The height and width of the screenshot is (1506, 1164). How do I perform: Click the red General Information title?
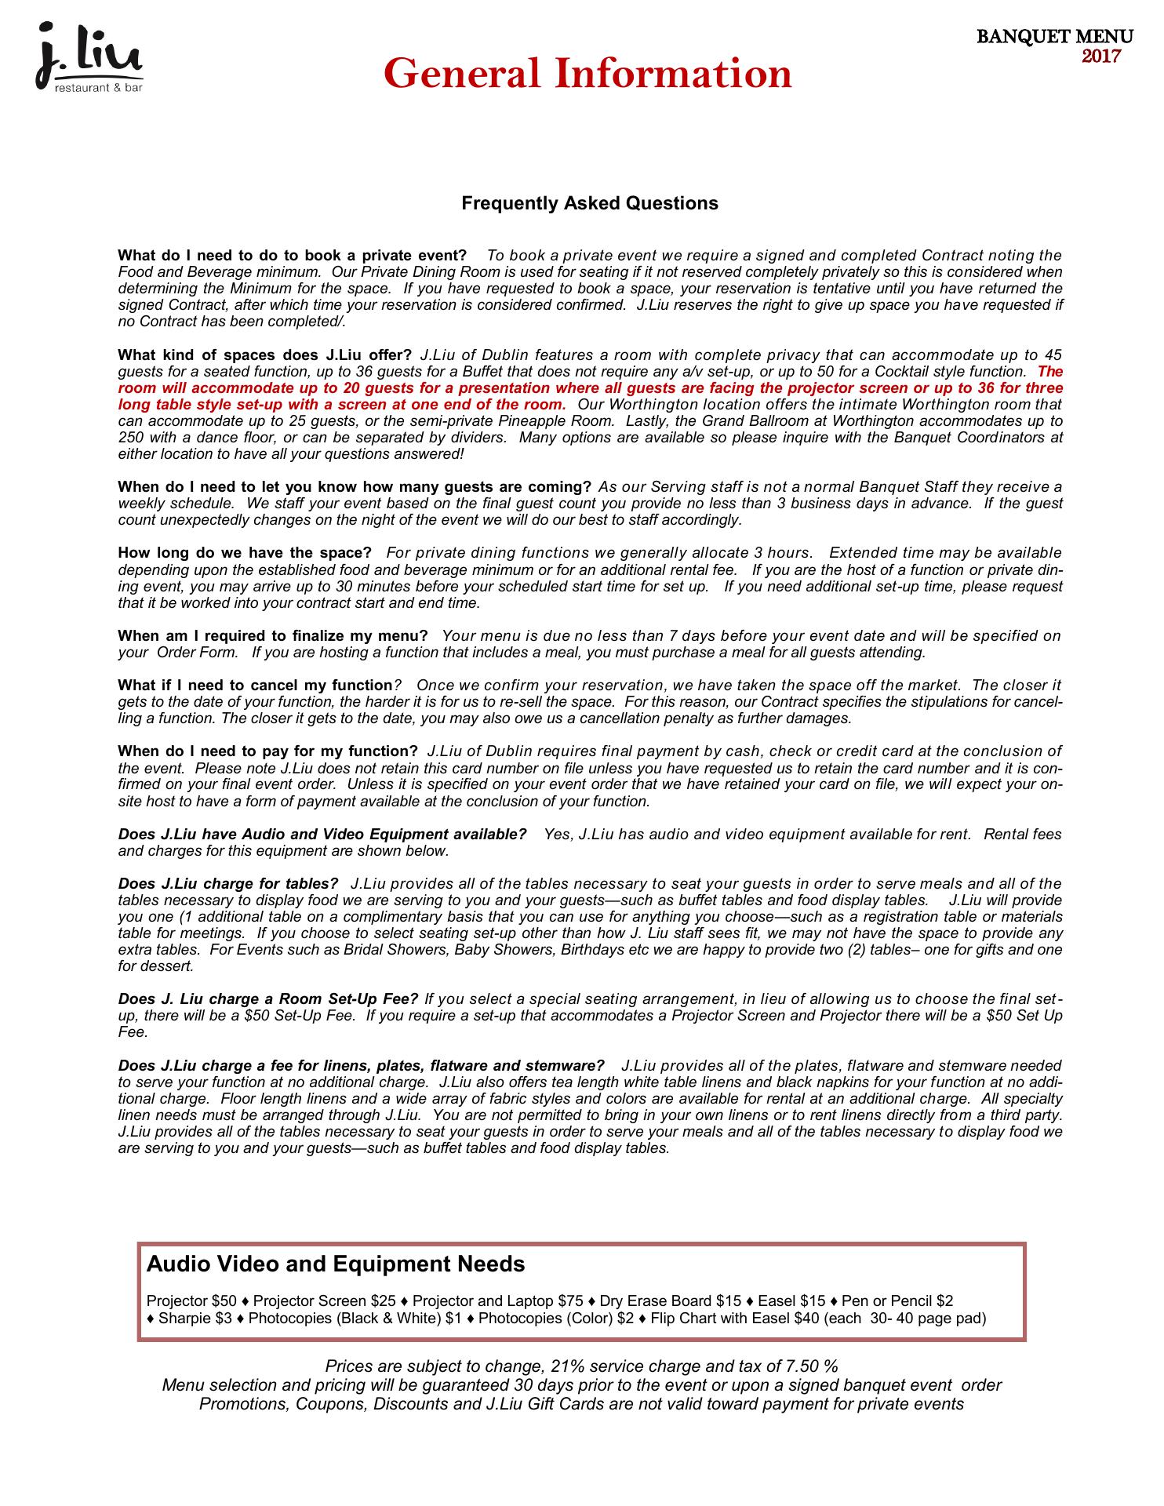(587, 75)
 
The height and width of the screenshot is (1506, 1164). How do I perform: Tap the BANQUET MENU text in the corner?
(1054, 37)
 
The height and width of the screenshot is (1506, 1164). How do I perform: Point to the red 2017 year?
(1101, 56)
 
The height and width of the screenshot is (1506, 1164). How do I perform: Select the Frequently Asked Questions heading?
(589, 204)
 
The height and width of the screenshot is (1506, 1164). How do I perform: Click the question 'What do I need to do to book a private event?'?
(292, 256)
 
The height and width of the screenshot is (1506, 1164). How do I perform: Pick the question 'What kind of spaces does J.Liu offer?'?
(264, 355)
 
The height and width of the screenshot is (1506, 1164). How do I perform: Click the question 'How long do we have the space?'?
(245, 553)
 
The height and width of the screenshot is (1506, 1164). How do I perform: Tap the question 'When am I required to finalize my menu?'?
(273, 635)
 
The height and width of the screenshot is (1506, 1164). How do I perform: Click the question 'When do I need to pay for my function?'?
(267, 751)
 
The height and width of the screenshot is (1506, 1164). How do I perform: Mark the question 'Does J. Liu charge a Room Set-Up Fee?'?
(268, 999)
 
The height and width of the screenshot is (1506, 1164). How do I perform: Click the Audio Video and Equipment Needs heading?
(336, 1264)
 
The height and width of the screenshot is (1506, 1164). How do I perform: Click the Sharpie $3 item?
(195, 1319)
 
